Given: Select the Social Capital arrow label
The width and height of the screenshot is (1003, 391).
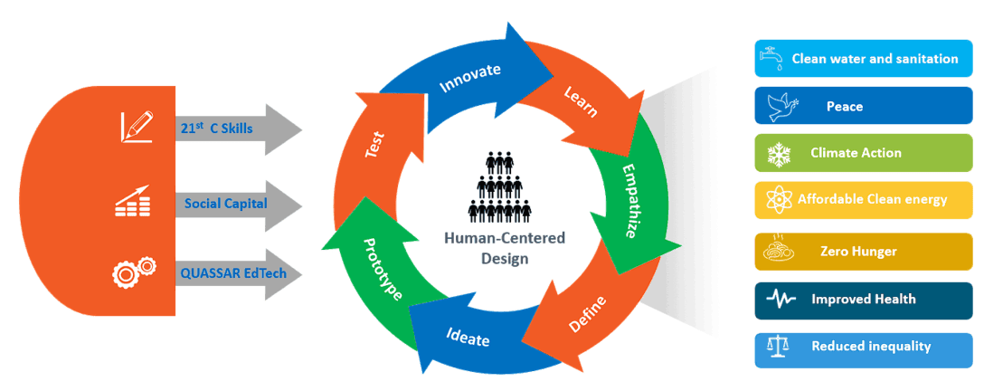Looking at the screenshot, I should pos(225,203).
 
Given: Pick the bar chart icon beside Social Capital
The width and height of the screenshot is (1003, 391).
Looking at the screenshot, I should pos(133,201).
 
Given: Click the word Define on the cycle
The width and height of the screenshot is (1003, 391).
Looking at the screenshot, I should pos(588,311).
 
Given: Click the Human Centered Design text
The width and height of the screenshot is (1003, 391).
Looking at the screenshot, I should pos(503,247).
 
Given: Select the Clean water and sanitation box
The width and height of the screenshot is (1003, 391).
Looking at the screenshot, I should pos(863,58).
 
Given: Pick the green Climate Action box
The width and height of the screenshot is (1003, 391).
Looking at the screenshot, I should pos(863,152).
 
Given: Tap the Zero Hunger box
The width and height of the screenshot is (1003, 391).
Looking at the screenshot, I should pos(863,251).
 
